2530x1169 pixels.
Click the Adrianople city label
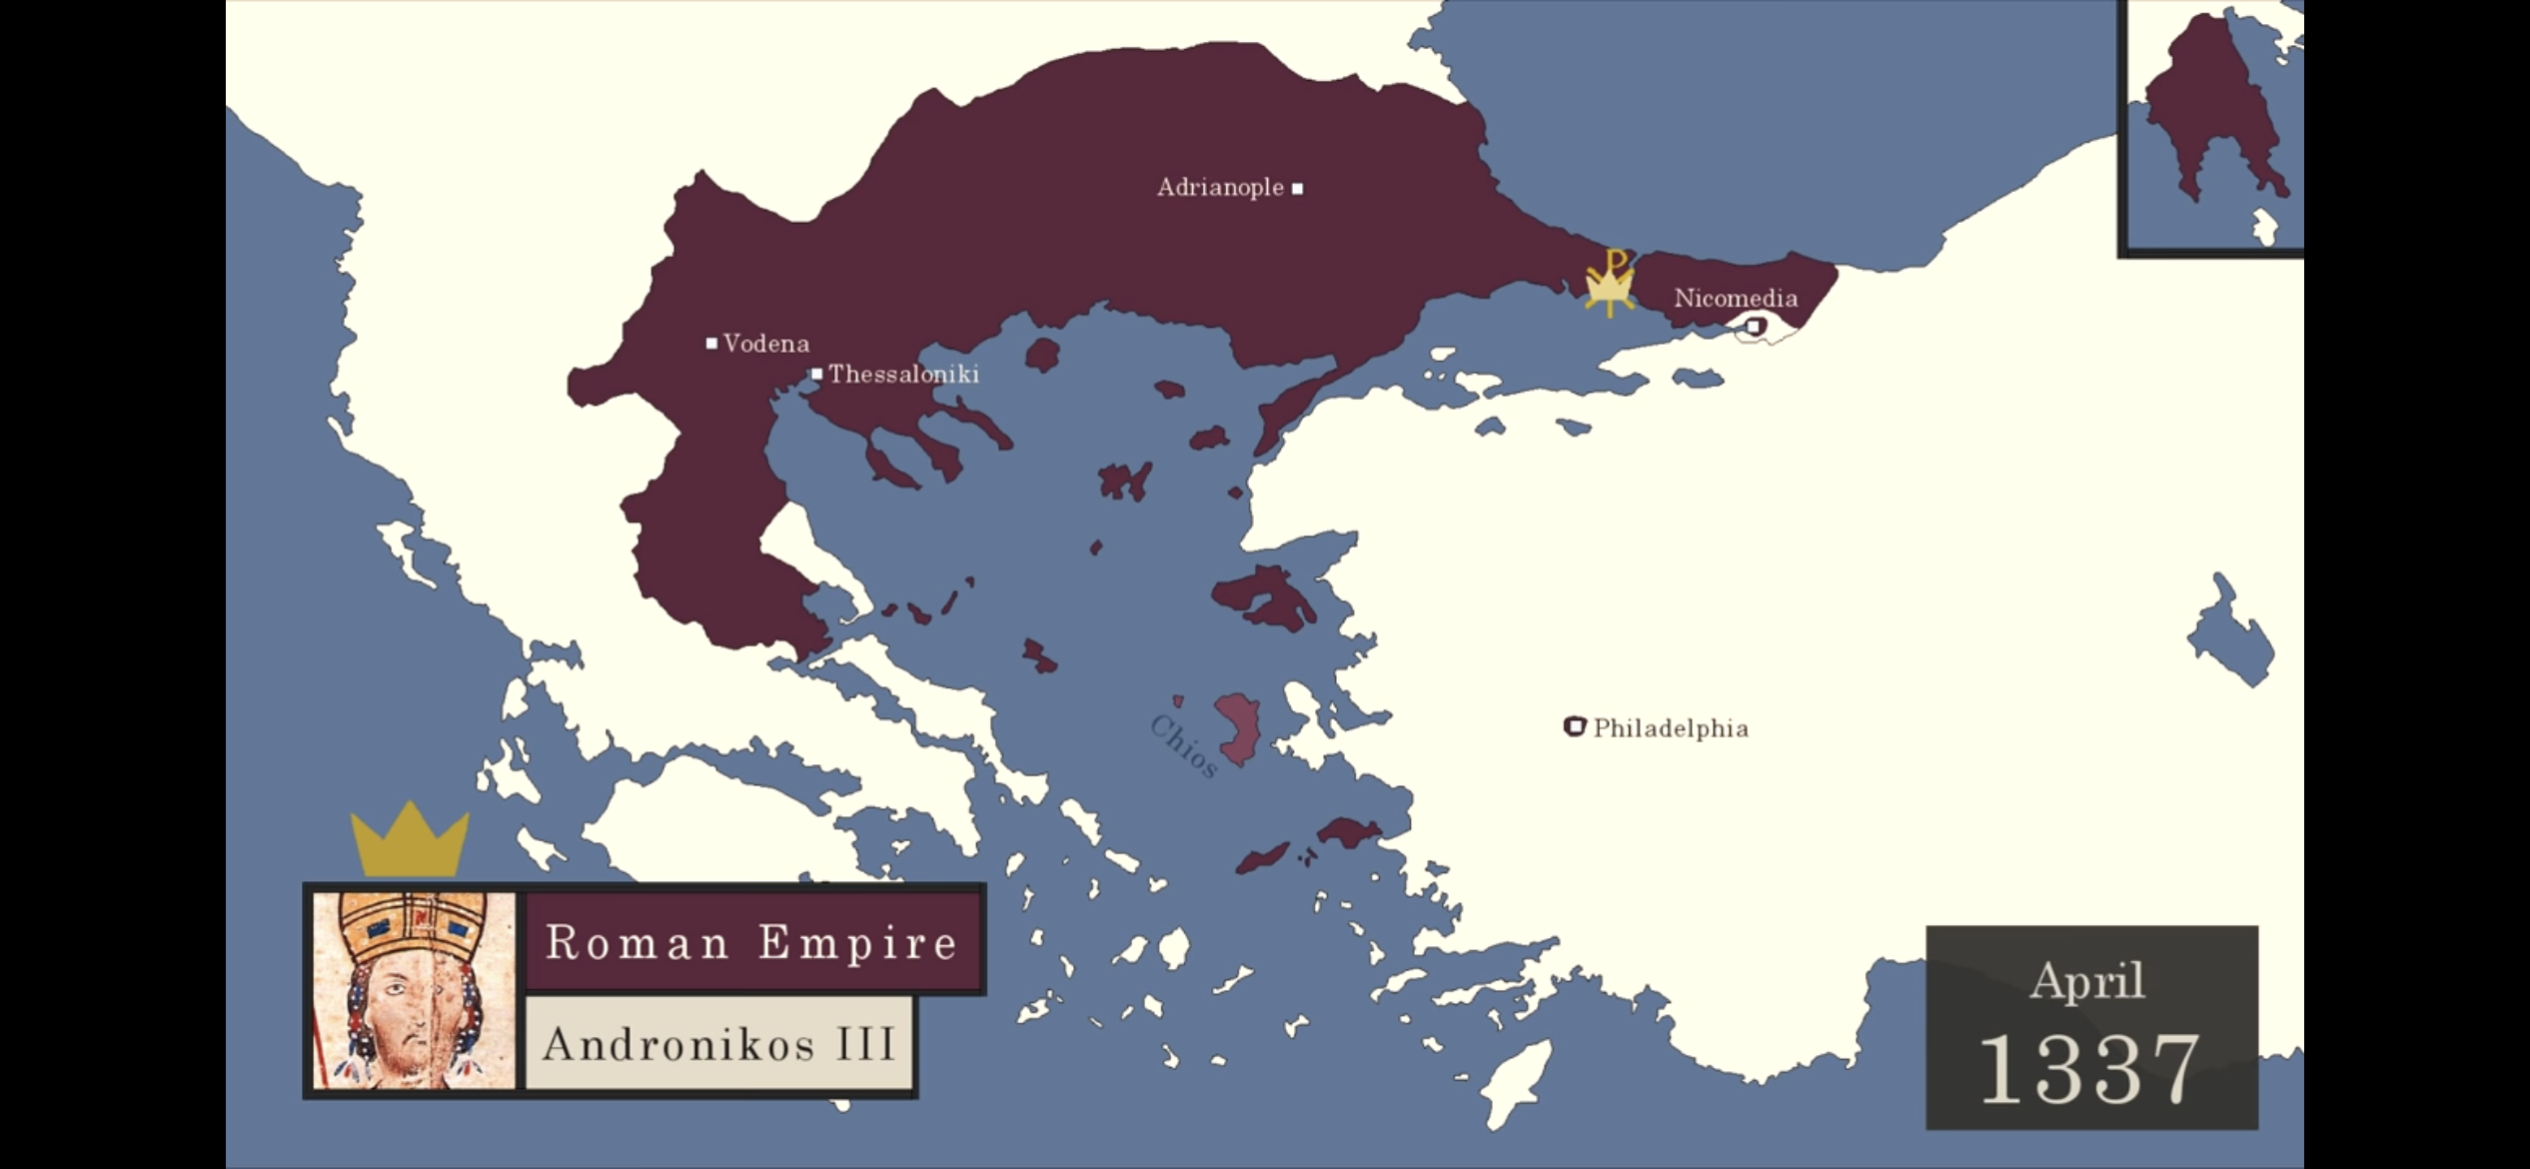point(1219,188)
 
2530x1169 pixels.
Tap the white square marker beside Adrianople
point(1297,188)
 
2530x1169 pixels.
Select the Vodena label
point(765,344)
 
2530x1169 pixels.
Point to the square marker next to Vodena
point(711,344)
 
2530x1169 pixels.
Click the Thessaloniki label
point(903,375)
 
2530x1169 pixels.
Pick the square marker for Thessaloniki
point(816,375)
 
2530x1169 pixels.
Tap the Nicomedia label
point(1735,298)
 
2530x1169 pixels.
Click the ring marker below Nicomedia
point(1755,326)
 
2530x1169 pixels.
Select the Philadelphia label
point(1671,728)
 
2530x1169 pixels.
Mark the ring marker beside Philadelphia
point(1575,726)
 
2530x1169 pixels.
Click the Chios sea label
point(1183,745)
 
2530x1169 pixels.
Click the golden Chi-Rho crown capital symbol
point(1609,283)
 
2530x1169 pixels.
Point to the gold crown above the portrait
point(410,842)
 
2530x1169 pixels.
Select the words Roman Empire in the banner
point(751,942)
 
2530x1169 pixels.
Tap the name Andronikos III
point(718,1045)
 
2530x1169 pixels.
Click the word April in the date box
point(2087,980)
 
